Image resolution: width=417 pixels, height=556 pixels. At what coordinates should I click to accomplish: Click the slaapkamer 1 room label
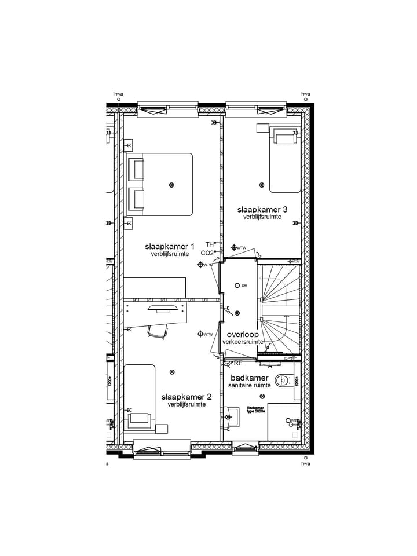(x=170, y=246)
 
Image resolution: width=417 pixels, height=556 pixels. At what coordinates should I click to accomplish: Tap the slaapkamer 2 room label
(x=186, y=397)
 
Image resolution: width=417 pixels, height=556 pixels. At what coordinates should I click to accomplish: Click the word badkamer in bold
(x=248, y=378)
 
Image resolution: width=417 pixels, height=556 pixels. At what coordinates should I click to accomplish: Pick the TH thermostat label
(x=209, y=244)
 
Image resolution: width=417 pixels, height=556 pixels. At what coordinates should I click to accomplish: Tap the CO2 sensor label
(x=207, y=253)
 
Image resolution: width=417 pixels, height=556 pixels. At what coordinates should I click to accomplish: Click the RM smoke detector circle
(x=237, y=286)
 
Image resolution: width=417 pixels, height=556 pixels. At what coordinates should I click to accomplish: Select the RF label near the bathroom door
(x=237, y=364)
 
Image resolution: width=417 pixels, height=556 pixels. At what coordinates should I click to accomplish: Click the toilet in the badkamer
(x=282, y=381)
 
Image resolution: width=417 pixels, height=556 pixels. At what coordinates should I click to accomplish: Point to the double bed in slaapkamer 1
(x=160, y=184)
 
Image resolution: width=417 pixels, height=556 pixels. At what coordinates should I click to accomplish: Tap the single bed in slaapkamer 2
(x=140, y=398)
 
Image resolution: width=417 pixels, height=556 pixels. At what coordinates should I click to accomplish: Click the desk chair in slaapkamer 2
(x=158, y=331)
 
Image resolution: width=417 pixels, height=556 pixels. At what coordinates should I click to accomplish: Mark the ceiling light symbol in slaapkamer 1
(x=171, y=185)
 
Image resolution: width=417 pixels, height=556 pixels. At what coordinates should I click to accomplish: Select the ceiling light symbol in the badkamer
(x=262, y=396)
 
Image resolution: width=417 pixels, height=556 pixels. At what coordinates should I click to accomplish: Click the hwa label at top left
(x=119, y=94)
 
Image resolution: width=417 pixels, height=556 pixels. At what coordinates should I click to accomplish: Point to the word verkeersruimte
(x=243, y=342)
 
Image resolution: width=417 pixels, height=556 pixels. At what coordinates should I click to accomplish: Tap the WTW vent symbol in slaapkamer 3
(x=234, y=247)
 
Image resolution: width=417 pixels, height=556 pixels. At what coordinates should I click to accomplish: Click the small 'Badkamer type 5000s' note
(x=255, y=409)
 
